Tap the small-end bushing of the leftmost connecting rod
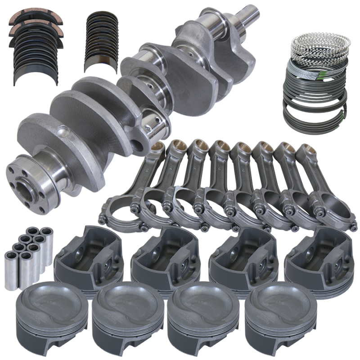(x=158, y=147)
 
